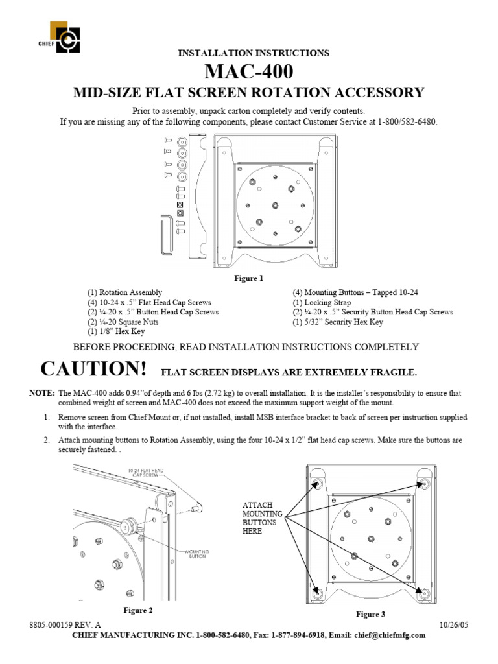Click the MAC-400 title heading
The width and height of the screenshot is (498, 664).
(x=249, y=71)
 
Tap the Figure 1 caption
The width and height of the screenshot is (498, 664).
(x=249, y=279)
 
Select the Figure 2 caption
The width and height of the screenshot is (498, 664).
(x=138, y=610)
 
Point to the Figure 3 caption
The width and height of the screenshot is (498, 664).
(x=370, y=614)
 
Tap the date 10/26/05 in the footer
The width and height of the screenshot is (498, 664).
(x=454, y=625)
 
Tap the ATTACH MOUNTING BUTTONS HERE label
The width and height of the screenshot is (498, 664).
(x=259, y=517)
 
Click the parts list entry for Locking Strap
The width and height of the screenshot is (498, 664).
(x=322, y=303)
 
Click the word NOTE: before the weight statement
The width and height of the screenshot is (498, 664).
(x=42, y=393)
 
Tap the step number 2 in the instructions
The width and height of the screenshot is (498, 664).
(x=47, y=440)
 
